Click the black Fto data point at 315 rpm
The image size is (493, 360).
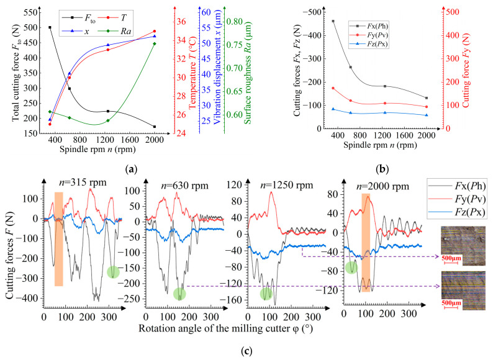coord(50,27)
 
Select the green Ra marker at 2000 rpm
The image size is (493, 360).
coord(155,43)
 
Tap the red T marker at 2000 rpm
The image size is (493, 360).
coord(155,32)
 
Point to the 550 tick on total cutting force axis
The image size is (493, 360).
coord(31,12)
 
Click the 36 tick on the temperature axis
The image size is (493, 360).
coord(181,21)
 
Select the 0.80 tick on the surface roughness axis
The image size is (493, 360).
coord(235,21)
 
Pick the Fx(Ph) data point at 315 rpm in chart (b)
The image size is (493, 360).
coord(333,21)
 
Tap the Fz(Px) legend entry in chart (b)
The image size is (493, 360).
coord(368,44)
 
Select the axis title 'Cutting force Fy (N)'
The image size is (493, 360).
coord(466,70)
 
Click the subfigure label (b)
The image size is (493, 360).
coord(382,169)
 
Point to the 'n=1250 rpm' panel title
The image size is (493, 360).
coord(287,185)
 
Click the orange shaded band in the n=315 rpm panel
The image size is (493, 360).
coord(59,239)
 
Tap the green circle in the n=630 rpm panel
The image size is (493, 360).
coord(179,294)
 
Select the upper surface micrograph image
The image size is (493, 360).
coord(463,246)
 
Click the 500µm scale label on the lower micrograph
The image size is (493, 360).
coord(451,303)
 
